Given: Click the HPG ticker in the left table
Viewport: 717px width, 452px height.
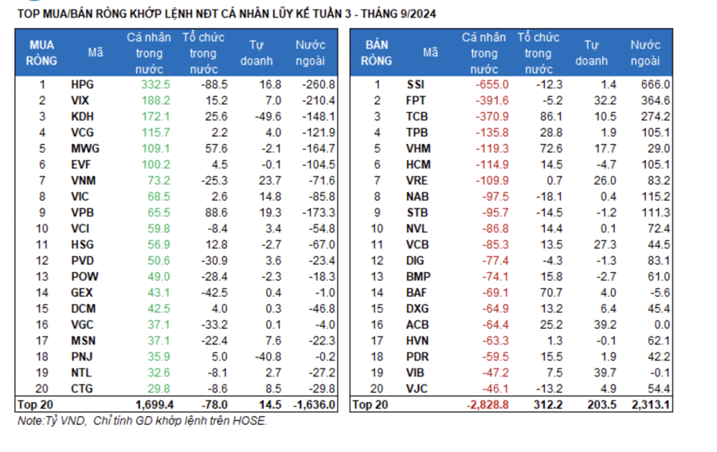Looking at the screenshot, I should pos(81,84).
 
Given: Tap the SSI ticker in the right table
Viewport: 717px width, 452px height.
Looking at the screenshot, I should pos(416,84).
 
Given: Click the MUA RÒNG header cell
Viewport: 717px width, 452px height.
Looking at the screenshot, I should pos(41,53).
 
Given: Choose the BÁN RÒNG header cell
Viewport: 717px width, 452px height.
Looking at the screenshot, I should pos(377,53).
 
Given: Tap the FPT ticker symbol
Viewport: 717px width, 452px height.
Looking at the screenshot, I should pos(417,100).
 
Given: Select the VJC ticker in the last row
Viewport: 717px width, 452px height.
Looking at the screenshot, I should pos(417,388).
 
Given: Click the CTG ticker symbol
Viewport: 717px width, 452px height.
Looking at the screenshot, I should pos(82,388).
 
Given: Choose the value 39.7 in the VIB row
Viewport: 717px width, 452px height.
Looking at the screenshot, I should pos(604,372).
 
